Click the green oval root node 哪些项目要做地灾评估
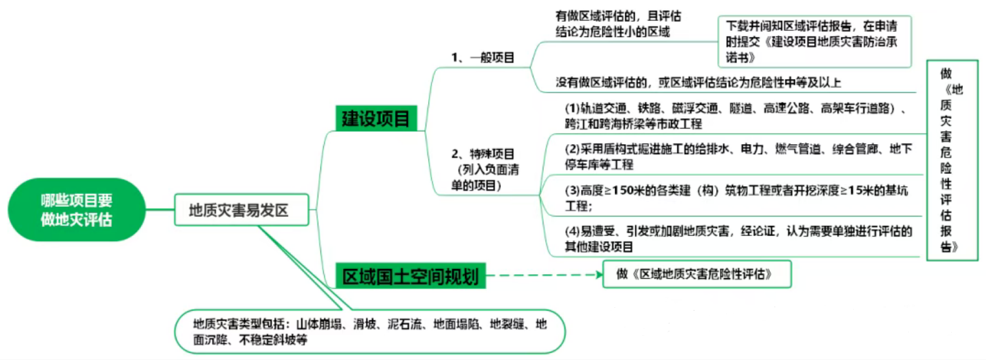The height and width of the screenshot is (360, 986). click(x=76, y=210)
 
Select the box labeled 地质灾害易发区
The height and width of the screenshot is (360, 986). click(x=241, y=210)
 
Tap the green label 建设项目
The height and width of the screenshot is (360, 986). click(x=376, y=118)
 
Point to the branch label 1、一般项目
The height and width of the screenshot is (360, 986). click(x=483, y=57)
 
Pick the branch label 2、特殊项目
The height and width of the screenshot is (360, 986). click(x=483, y=154)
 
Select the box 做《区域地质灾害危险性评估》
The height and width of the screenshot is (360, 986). click(x=696, y=274)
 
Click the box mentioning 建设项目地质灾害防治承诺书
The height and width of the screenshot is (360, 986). click(x=814, y=41)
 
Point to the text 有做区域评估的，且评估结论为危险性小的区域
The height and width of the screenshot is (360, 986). click(x=617, y=24)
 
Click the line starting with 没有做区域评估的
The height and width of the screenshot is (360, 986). click(x=698, y=83)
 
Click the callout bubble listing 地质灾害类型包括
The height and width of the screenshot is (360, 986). click(x=370, y=331)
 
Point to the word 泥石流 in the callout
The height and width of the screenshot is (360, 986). click(x=404, y=324)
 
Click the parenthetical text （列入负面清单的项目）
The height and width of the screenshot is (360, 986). click(x=485, y=177)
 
